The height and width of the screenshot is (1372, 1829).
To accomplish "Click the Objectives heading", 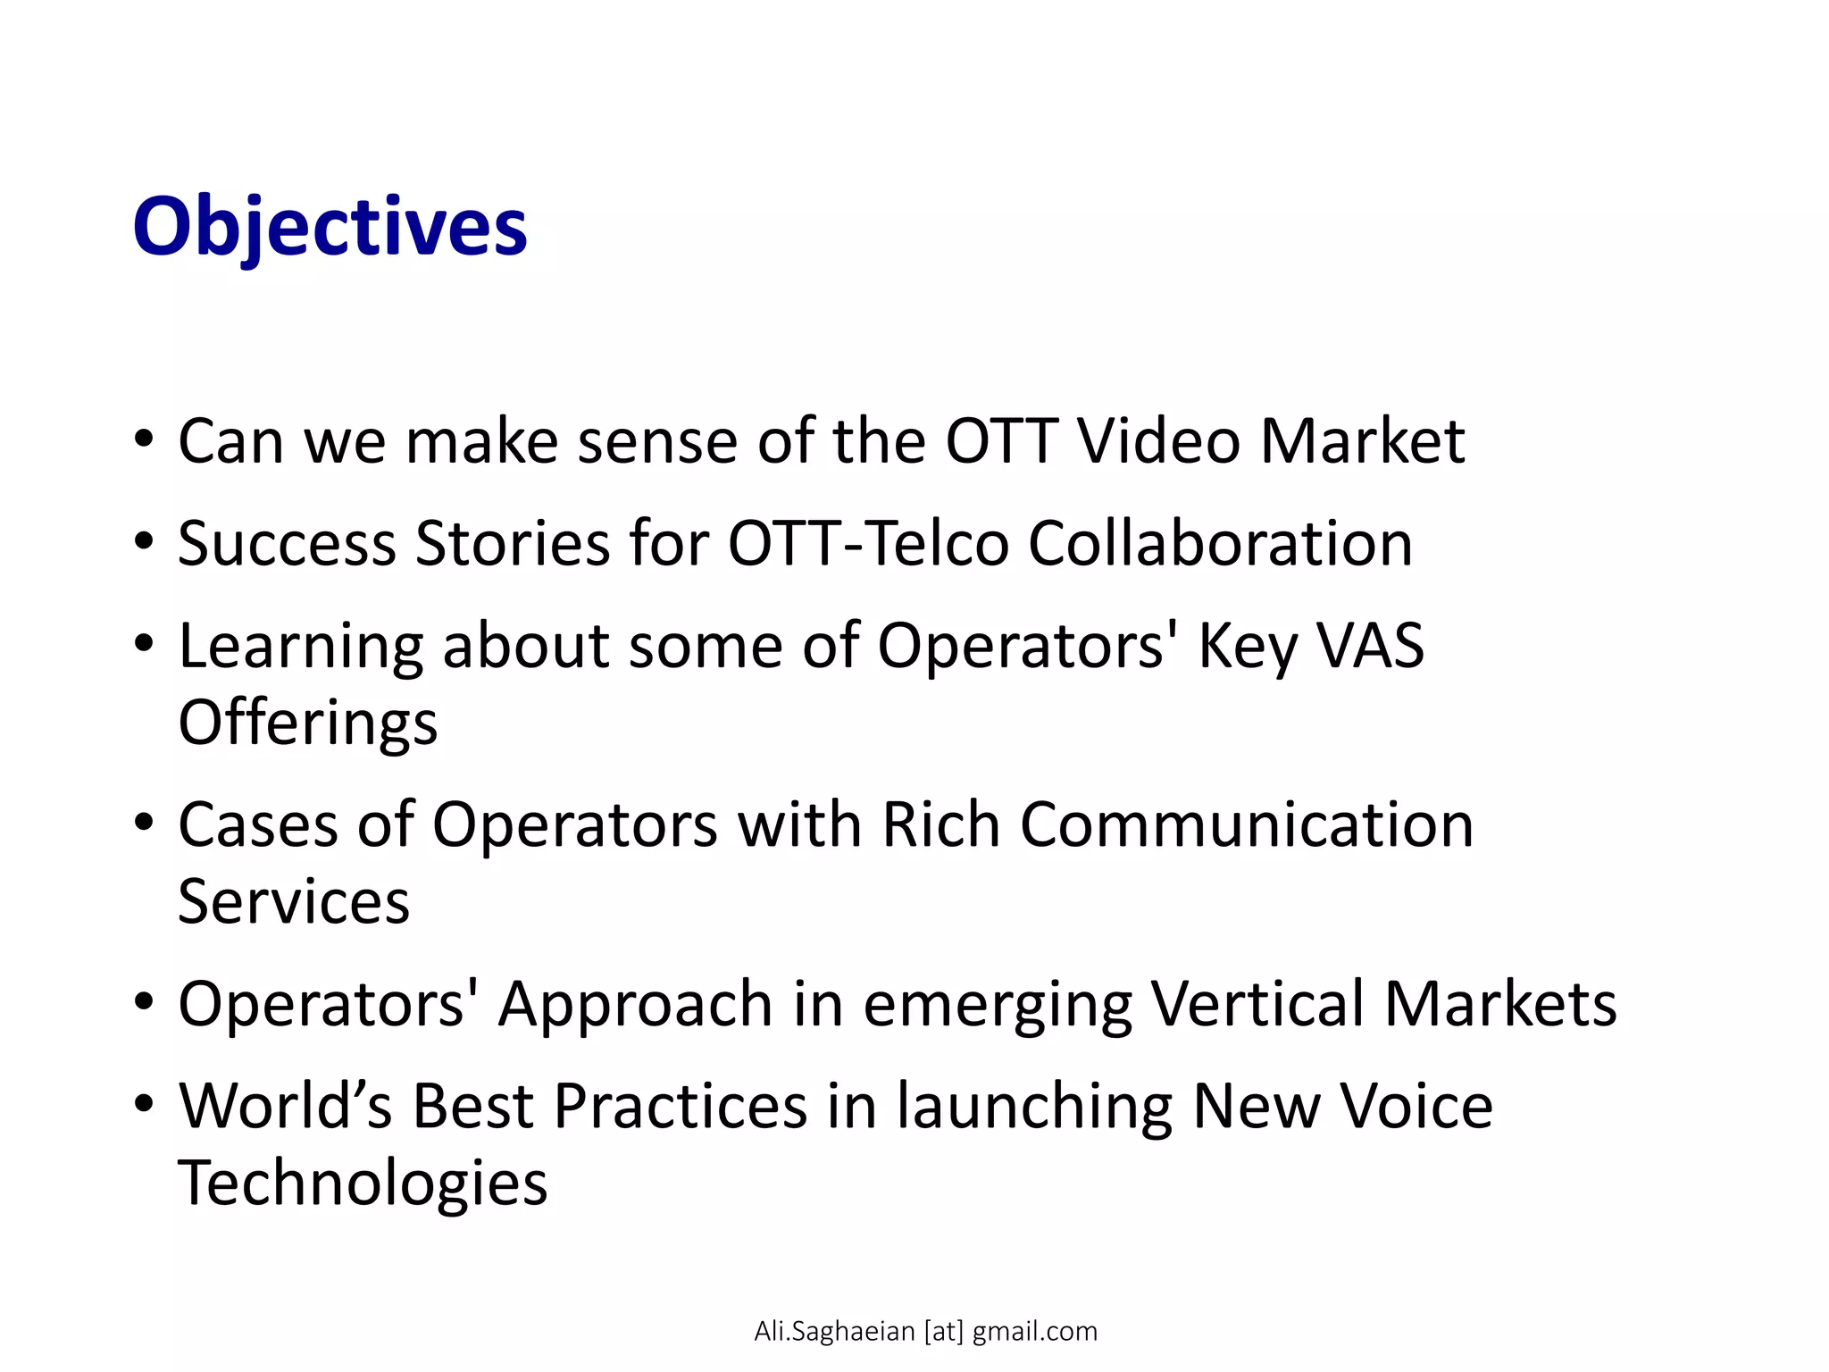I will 330,227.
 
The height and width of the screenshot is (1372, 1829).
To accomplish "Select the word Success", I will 287,543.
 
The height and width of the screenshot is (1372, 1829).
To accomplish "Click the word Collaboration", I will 1220,543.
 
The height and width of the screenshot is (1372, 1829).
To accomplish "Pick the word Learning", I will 301,647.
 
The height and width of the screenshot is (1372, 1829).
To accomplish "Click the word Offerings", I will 308,722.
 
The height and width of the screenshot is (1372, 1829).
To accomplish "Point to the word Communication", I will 1247,824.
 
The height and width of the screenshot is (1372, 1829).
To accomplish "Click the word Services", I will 294,900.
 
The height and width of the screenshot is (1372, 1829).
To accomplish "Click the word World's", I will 285,1106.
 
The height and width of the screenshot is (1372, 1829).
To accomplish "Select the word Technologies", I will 363,1183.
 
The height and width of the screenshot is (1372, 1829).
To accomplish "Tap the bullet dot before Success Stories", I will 144,541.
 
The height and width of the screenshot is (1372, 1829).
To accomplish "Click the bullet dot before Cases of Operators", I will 144,823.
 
